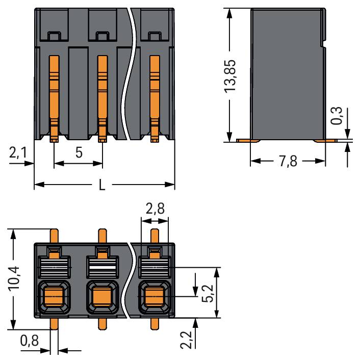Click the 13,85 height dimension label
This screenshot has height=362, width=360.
230,76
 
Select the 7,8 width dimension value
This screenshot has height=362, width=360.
288,161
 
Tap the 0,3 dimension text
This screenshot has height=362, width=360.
337,116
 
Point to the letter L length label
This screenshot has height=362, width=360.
102,185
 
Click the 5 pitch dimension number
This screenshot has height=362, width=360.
79,152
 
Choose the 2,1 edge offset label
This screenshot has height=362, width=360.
18,153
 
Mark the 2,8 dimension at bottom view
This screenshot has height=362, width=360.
155,208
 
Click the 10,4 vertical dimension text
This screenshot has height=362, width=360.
14,278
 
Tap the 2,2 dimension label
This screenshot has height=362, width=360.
186,340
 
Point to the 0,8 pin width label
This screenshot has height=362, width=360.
30,341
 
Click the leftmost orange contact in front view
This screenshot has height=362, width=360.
54,98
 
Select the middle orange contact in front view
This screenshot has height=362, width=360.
102,98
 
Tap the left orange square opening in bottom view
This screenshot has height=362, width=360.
54,296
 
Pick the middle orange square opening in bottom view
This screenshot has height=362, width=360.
102,296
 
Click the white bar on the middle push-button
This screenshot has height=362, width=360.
102,268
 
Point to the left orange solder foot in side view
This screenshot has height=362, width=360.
248,141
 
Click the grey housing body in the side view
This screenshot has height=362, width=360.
288,74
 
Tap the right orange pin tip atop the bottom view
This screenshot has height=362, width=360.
155,236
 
